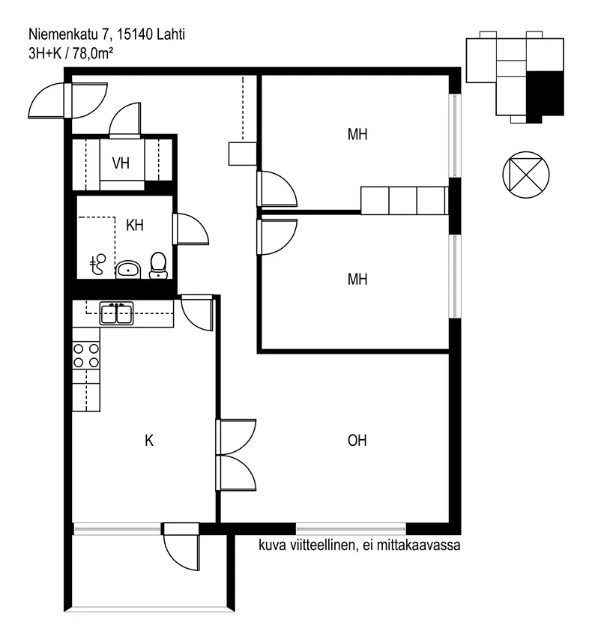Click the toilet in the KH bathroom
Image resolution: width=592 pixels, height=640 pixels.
tap(158, 265)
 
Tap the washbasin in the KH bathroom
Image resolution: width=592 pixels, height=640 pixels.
tap(128, 270)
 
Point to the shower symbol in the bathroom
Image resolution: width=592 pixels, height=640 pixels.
tap(97, 264)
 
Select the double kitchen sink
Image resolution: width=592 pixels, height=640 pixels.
tap(117, 313)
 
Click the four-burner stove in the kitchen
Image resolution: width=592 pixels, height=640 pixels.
tap(86, 355)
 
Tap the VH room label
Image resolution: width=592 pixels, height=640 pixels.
tap(121, 163)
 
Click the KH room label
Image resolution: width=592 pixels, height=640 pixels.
tap(135, 225)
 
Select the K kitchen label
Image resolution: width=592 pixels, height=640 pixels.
tap(149, 441)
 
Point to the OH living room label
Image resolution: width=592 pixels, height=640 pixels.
tap(357, 441)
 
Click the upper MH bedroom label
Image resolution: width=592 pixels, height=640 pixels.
tap(357, 134)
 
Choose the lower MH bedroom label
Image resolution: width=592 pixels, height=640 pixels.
tap(357, 280)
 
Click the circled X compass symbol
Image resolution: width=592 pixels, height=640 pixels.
tap(526, 175)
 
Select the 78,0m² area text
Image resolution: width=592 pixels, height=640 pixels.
tap(93, 53)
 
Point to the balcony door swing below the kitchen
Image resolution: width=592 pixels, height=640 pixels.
tap(181, 552)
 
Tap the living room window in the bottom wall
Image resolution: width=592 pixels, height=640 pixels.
tap(351, 529)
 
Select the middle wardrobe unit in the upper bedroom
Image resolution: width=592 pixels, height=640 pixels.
tap(403, 200)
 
